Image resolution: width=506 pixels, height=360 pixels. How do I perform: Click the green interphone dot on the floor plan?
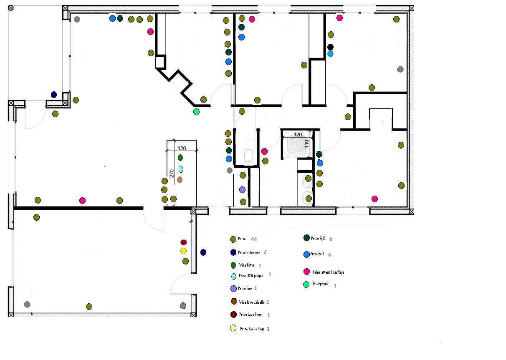[196, 112]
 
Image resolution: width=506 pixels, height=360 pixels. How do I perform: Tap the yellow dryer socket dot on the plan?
[183, 251]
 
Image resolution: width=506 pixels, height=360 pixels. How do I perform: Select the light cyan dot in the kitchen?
[181, 169]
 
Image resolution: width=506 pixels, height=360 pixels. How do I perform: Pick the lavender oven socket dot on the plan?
[242, 190]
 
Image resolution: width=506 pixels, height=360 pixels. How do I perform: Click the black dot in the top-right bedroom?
[330, 47]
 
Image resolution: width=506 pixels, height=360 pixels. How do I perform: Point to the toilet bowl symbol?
[249, 156]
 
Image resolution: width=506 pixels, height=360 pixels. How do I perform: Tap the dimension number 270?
[172, 173]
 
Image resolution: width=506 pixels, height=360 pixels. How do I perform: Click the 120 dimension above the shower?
[298, 135]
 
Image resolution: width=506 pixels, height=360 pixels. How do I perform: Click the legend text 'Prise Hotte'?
[246, 265]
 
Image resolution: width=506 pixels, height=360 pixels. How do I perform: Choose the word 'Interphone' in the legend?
[321, 284]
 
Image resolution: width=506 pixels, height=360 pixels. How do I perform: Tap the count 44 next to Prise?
[253, 239]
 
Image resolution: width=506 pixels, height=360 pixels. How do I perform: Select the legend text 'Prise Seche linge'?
[252, 329]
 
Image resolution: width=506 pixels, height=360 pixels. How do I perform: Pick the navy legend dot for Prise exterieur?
[233, 252]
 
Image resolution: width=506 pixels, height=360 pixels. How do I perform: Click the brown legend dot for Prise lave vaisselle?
[233, 302]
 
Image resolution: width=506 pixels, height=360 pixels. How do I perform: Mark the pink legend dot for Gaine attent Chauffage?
[306, 272]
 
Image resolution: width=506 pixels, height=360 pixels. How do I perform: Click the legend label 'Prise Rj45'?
[318, 239]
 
